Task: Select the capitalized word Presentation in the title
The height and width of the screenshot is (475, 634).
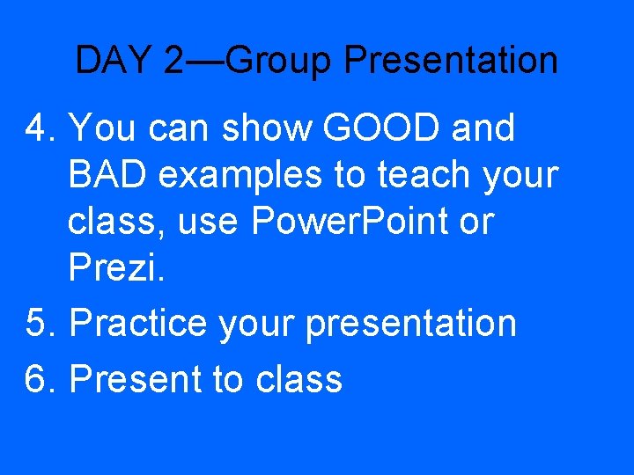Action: pyautogui.click(x=451, y=61)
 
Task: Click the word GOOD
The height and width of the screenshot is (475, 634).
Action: pyautogui.click(x=382, y=128)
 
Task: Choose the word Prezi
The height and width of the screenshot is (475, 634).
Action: pyautogui.click(x=115, y=269)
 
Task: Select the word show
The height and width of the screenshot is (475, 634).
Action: pyautogui.click(x=268, y=128)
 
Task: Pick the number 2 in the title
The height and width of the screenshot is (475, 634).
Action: pyautogui.click(x=173, y=61)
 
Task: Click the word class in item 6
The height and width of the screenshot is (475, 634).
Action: pyautogui.click(x=299, y=379)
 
